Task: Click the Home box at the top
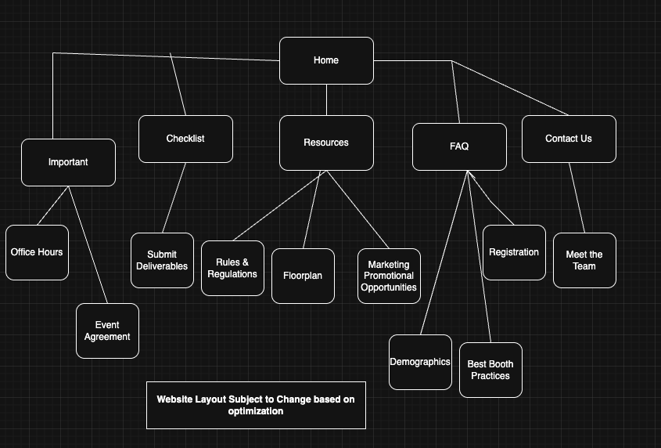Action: tap(326, 60)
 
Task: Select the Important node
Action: tap(68, 162)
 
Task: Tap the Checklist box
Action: tap(185, 139)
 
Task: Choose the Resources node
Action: tap(326, 143)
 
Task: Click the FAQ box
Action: tap(459, 146)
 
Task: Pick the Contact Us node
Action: tap(569, 139)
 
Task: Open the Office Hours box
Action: tap(37, 252)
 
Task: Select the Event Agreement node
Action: tap(107, 331)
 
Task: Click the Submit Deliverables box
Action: tap(162, 260)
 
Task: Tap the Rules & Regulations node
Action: tap(232, 268)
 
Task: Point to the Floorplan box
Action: tap(303, 276)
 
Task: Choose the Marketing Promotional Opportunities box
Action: tap(389, 276)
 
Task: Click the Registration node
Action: tap(514, 252)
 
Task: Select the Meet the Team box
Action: tap(584, 260)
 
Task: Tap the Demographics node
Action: tap(420, 362)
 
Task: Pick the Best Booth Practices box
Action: tap(490, 370)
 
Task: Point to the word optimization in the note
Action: tap(256, 411)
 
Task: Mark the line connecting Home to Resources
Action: tap(326, 99)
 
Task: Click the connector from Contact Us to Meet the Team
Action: tap(577, 197)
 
